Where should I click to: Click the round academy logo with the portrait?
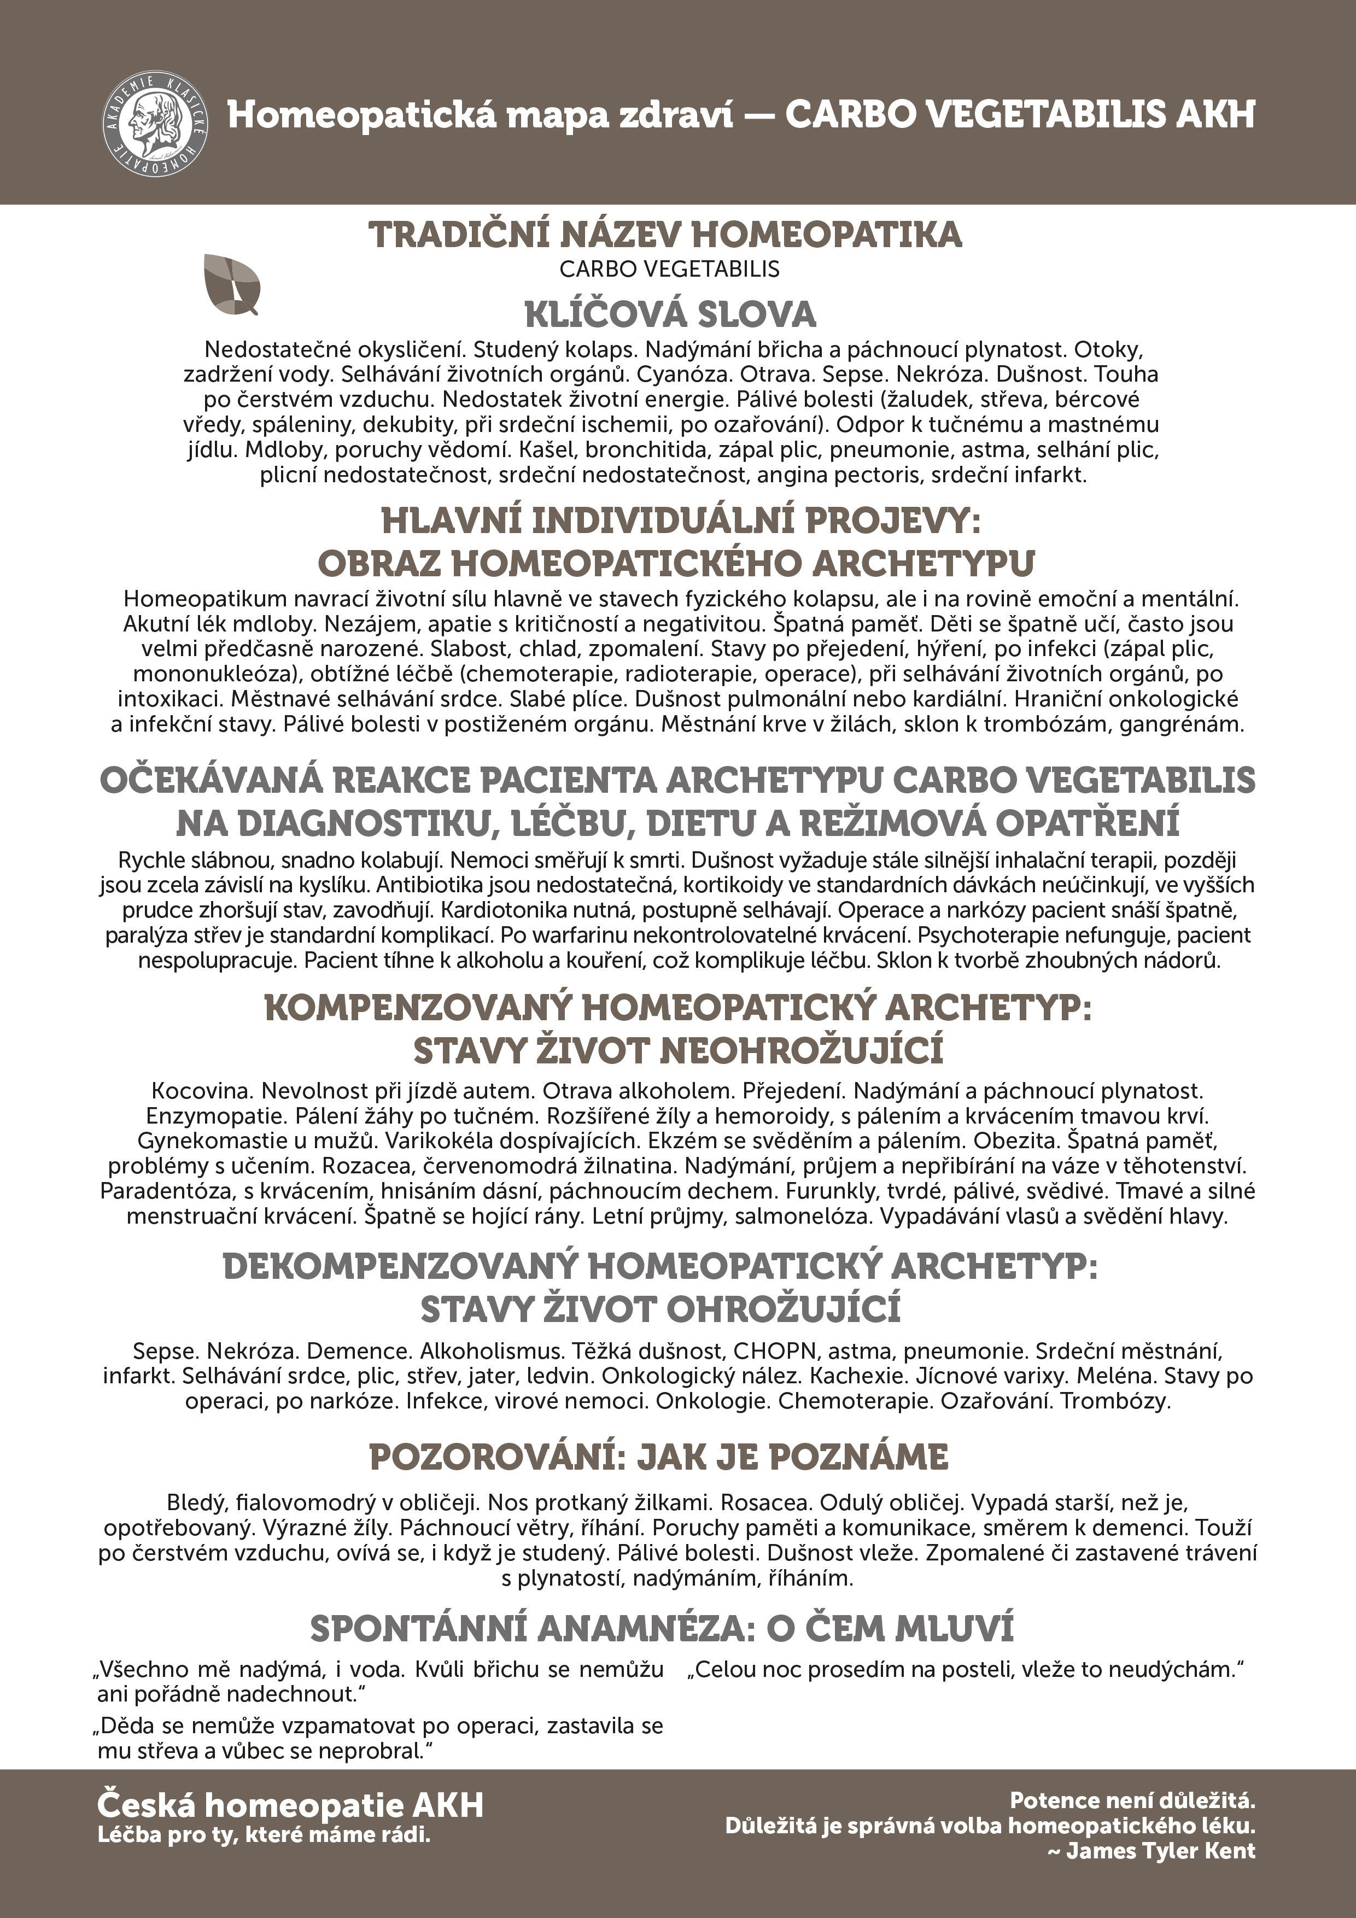[x=155, y=124]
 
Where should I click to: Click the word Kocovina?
[x=201, y=1091]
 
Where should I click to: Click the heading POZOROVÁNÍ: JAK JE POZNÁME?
[x=658, y=1458]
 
